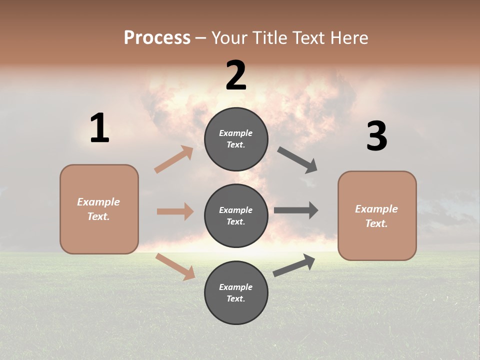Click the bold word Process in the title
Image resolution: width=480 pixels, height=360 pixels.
point(157,38)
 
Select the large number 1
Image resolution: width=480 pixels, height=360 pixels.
point(99,128)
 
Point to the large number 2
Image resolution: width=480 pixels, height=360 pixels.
point(236,75)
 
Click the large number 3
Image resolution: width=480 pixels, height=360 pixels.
point(376,136)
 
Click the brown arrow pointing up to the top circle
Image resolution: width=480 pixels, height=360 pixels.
point(173,159)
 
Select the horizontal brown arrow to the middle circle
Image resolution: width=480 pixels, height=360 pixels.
point(175,211)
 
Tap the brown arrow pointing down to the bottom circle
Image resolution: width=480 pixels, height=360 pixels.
point(175,266)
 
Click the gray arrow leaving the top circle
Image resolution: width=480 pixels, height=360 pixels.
point(297,160)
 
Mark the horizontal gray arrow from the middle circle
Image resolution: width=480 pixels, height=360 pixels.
point(296,210)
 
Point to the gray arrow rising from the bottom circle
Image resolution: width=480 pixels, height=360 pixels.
point(294,265)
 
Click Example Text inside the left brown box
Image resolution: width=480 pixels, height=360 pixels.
point(98,209)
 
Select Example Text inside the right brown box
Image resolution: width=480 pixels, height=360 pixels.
point(376,216)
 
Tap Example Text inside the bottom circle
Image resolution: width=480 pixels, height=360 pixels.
point(236,292)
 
